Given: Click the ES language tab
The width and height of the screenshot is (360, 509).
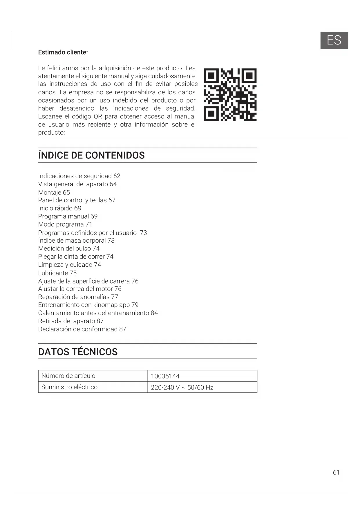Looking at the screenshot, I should (x=334, y=41).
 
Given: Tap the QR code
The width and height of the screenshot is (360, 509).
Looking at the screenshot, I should (x=230, y=95).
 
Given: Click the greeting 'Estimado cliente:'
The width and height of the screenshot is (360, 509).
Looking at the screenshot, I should (x=63, y=52).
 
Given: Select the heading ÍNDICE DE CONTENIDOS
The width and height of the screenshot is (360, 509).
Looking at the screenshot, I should (x=91, y=155).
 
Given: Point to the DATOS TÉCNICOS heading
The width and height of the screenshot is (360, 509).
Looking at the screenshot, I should (x=78, y=352).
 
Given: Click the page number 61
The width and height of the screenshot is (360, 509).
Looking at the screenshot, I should (x=336, y=472).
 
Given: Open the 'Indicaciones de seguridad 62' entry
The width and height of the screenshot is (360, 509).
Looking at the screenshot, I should (x=79, y=176).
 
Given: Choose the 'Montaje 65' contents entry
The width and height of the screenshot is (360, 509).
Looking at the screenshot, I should (x=54, y=192).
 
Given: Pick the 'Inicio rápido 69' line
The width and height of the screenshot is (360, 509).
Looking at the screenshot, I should (x=60, y=208).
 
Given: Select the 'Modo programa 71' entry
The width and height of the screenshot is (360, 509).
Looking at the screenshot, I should (x=65, y=224).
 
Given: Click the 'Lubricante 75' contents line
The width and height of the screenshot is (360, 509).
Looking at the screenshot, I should (x=57, y=273).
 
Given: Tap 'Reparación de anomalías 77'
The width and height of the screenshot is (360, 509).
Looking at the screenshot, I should (x=78, y=297).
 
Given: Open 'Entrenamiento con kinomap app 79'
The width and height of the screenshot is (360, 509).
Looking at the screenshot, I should (x=88, y=305).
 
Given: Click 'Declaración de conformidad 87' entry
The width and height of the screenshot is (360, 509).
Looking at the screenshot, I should (x=82, y=329).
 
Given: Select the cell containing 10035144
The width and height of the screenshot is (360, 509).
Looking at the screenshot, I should (x=202, y=376).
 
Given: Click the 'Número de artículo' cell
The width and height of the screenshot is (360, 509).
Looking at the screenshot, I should (x=93, y=376).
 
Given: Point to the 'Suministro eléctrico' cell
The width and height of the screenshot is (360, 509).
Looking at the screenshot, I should (x=93, y=387).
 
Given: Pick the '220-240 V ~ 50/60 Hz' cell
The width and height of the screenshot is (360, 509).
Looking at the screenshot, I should (x=202, y=387).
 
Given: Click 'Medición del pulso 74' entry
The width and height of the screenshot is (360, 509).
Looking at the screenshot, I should (x=69, y=248).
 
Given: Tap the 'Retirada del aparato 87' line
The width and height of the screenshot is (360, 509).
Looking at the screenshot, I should (x=71, y=321).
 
